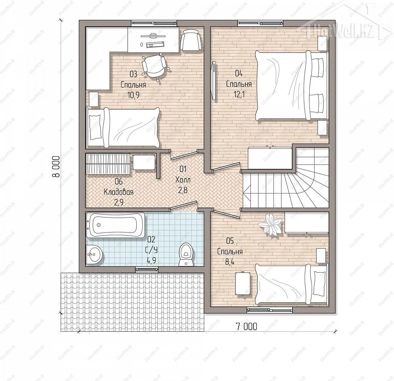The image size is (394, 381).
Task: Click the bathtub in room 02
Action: click(115, 225)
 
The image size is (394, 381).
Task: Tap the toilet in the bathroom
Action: click(186, 255)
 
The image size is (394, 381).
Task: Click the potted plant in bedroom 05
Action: click(270, 224)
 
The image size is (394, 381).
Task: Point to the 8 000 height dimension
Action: click(56, 166)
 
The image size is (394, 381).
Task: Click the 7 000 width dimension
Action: click(246, 326)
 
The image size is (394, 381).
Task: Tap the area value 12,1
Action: click(239, 94)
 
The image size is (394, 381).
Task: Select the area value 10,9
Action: click(133, 95)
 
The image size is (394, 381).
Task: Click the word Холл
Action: click(183, 179)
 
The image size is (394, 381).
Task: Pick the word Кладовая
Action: click(119, 192)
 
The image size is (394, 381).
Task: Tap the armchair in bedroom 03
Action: click(190, 40)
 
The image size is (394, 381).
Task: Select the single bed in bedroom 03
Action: click(123, 127)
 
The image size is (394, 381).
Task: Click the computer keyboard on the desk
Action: click(155, 45)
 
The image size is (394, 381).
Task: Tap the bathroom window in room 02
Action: click(147, 269)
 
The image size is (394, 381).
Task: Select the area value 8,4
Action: click(230, 262)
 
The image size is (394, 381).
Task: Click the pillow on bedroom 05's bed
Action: click(319, 283)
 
